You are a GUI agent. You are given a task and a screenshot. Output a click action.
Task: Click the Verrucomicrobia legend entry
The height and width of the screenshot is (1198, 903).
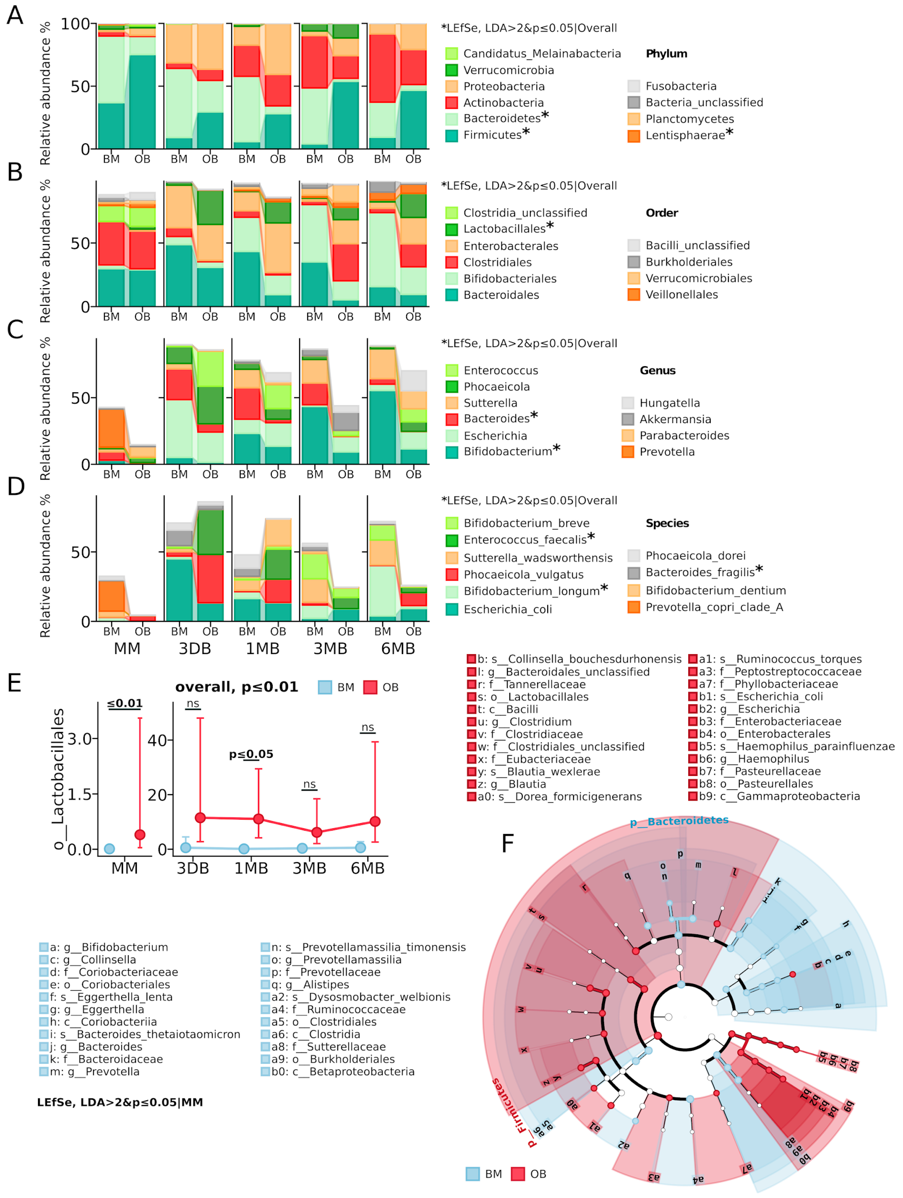point(508,70)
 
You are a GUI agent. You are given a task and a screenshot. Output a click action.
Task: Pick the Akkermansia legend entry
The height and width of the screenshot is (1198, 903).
point(675,419)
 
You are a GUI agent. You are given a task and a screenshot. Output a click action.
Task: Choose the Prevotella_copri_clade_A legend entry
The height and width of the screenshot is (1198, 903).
point(714,607)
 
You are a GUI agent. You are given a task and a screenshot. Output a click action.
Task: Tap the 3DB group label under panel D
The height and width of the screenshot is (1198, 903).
point(194,648)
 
